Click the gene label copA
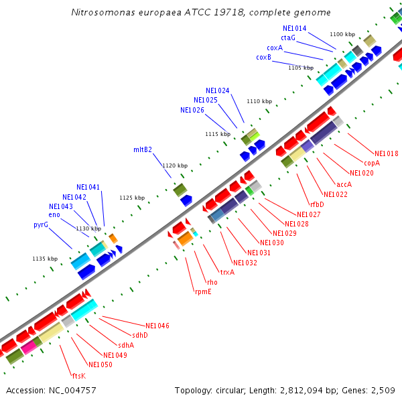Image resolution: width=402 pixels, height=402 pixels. [372, 163]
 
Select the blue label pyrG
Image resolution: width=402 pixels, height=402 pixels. [41, 225]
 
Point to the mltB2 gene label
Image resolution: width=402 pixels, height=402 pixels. [143, 149]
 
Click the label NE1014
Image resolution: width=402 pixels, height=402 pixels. [295, 29]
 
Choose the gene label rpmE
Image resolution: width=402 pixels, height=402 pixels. [203, 291]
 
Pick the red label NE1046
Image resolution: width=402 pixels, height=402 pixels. [157, 326]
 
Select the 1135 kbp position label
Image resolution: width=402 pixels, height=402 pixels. [44, 259]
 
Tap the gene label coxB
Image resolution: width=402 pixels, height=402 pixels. [263, 58]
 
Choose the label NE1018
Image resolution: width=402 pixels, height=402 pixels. [387, 153]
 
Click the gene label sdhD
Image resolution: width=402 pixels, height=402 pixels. [139, 335]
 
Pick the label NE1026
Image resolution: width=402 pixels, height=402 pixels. [192, 110]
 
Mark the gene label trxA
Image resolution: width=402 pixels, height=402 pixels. [227, 272]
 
